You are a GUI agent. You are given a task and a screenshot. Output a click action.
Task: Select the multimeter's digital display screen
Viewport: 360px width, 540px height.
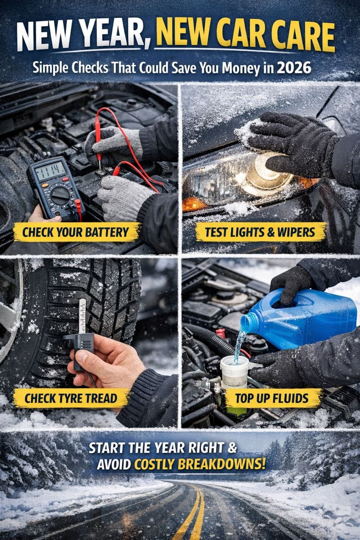pos(50,171)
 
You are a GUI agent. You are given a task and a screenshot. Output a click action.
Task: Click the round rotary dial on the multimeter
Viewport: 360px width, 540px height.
pos(60,195)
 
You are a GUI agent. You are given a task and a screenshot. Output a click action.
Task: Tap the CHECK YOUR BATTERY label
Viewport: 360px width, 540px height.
pos(76,232)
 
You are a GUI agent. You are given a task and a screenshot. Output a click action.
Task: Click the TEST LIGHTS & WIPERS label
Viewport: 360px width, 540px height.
pos(260,232)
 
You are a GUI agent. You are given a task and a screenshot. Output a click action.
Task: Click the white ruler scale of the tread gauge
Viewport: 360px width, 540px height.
pos(82,316)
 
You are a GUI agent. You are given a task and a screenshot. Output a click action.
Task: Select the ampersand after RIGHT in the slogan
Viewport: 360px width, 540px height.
pos(232,447)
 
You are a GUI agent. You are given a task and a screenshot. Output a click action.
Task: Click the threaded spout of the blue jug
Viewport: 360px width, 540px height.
pos(249,322)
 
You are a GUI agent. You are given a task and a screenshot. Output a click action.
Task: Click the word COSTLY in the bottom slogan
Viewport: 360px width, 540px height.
pos(154,463)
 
